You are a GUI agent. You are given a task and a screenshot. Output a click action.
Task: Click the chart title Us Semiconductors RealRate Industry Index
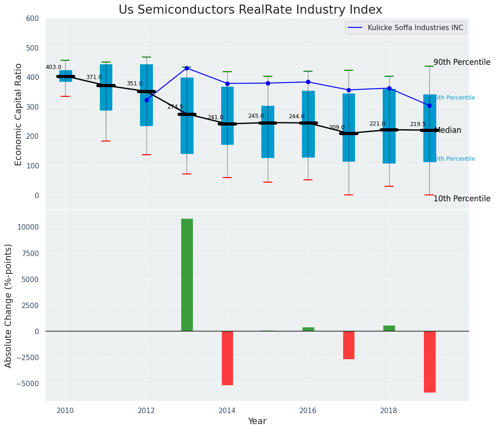250,10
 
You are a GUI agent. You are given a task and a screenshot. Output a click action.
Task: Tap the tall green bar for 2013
187,275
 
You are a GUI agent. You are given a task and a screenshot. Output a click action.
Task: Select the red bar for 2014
227,358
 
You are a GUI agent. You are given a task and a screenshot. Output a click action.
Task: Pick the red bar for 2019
429,362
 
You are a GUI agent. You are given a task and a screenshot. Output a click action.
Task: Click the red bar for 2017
349,345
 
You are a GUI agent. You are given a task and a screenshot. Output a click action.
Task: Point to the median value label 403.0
53,67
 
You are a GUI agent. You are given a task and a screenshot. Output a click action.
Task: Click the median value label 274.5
175,107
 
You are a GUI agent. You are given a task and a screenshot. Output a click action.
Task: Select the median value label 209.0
337,127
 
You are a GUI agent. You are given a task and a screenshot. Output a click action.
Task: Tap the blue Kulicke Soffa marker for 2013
187,68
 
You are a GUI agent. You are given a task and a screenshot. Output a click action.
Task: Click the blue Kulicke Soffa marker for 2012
146,100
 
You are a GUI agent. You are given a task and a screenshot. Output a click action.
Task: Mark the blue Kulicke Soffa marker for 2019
429,105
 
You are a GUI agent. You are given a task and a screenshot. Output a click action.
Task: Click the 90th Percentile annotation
462,62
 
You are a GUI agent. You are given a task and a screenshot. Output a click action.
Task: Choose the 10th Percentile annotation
462,199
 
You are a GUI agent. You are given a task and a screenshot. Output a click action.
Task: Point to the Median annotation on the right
448,130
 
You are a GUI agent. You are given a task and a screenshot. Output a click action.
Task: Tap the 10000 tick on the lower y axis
28,227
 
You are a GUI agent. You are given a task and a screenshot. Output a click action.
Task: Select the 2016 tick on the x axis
308,410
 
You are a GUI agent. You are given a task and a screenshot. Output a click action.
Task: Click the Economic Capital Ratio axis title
19,114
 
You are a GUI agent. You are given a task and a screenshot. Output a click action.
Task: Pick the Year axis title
257,421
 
